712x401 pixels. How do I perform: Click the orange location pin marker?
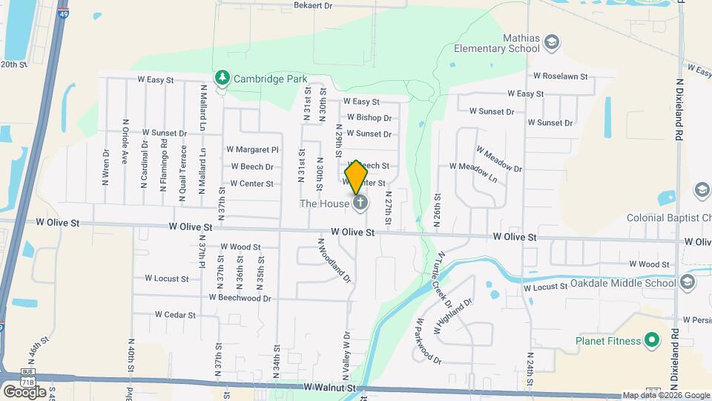pos(357,177)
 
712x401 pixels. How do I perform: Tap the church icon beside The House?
pos(360,203)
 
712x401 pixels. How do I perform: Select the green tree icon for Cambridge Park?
pos(222,77)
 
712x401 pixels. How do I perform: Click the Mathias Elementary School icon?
pos(551,42)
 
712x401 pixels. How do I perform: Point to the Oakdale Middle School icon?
pos(688,283)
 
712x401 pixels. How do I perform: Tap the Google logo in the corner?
pos(25,391)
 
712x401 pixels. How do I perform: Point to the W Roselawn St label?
pos(560,76)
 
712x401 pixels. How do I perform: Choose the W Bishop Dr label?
pos(369,117)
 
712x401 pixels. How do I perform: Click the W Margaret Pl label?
pos(252,149)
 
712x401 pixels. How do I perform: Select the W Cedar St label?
pos(175,315)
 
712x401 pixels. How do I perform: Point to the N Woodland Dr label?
pos(334,261)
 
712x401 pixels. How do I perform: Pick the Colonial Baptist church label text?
pos(668,218)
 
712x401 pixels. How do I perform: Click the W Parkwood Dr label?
pos(429,341)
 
